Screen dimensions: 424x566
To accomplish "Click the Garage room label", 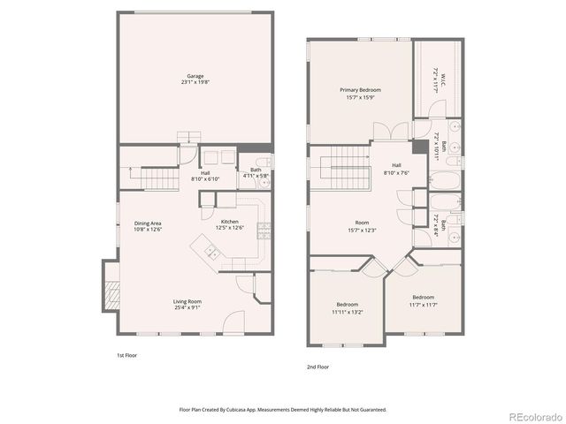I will point(195,75).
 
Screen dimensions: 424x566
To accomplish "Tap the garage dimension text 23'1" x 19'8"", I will point(195,82).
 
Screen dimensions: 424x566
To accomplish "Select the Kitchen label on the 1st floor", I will point(230,221).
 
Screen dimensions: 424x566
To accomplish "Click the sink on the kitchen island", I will point(212,254).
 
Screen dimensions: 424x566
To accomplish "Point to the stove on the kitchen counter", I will point(264,231).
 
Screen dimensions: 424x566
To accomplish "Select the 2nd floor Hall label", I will point(397,165).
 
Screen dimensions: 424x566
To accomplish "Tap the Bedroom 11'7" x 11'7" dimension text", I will point(423,304).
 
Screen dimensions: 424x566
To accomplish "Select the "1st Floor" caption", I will point(127,355).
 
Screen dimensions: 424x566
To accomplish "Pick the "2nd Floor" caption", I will point(317,365).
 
